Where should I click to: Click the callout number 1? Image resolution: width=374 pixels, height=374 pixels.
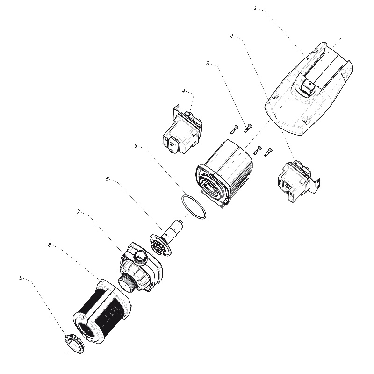tap(255, 9)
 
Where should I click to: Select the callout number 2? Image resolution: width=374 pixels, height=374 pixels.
tap(231, 36)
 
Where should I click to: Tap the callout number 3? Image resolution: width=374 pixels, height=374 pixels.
tap(208, 63)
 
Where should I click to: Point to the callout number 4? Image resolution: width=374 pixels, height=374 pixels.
tap(184, 91)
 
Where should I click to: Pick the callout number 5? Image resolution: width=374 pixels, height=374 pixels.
tap(136, 146)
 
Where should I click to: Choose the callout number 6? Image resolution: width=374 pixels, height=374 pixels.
tap(107, 179)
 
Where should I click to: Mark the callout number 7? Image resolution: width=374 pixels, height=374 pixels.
tap(79, 212)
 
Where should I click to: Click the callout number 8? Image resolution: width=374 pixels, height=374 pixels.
tap(50, 245)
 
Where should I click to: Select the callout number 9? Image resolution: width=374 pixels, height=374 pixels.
tap(21, 278)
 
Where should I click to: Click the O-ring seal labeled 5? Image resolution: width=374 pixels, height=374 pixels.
tap(194, 207)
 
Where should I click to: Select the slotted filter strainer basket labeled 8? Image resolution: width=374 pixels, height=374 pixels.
tap(102, 312)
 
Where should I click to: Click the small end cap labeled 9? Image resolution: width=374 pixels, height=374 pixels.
tap(74, 344)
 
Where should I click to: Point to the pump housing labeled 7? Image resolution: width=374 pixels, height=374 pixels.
tap(141, 267)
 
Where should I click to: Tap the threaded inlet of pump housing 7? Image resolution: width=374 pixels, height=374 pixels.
tap(128, 283)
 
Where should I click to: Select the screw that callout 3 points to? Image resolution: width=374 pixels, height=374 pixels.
tap(248, 128)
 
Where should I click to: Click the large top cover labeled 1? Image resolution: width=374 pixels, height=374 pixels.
tap(309, 89)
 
